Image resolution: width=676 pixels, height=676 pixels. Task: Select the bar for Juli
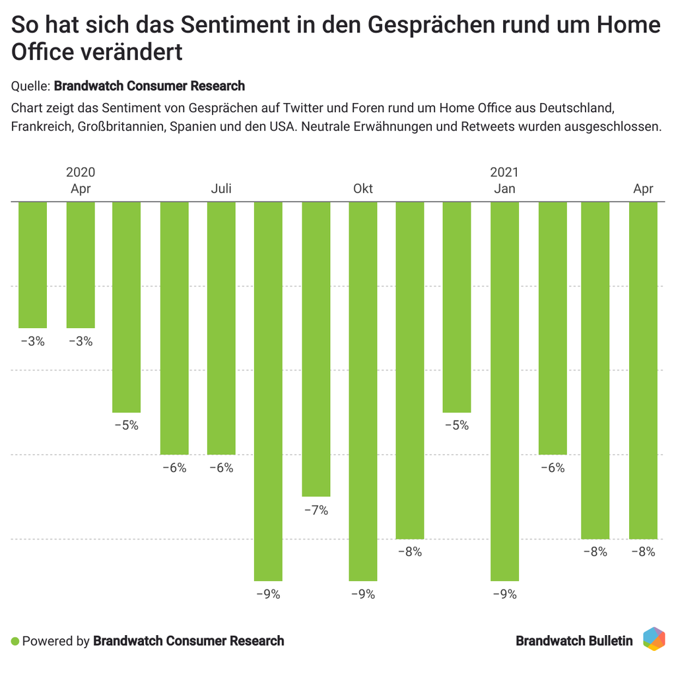[221, 327]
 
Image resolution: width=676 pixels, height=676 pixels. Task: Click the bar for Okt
[363, 391]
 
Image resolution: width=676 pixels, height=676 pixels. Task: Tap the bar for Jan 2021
[504, 391]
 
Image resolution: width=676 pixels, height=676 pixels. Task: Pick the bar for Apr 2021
[643, 370]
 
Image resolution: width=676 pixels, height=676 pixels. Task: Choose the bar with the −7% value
[316, 349]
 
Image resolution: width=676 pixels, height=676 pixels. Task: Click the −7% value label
[316, 510]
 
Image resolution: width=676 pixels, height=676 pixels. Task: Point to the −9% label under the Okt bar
[363, 595]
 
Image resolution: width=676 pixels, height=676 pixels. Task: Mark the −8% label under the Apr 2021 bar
[643, 553]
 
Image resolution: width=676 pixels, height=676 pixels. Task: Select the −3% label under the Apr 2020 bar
[81, 342]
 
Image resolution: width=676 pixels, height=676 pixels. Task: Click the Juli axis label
[221, 189]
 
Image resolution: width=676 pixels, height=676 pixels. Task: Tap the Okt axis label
[363, 189]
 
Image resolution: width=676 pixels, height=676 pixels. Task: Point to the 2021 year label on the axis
[504, 173]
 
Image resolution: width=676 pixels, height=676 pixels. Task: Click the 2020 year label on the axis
[81, 173]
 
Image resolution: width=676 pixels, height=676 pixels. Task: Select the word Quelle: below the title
[30, 86]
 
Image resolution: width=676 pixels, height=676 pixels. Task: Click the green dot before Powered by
[15, 641]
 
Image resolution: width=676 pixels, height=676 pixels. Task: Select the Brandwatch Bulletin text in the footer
[574, 641]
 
